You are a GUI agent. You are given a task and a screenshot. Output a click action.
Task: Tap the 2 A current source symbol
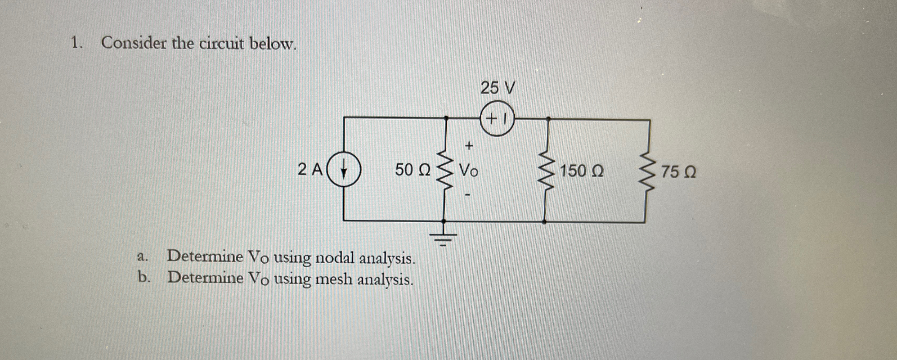pos(344,170)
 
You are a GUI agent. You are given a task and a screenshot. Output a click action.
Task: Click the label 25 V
pos(497,88)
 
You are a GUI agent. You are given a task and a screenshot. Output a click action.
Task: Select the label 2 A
pos(310,170)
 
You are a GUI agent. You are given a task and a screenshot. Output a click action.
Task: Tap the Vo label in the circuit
pos(469,170)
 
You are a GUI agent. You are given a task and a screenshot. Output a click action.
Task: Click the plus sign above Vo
pos(469,145)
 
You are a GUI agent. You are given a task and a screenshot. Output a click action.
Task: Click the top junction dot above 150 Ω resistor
pos(548,119)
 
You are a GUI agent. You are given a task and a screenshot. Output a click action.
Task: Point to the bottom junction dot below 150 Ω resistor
pos(545,222)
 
